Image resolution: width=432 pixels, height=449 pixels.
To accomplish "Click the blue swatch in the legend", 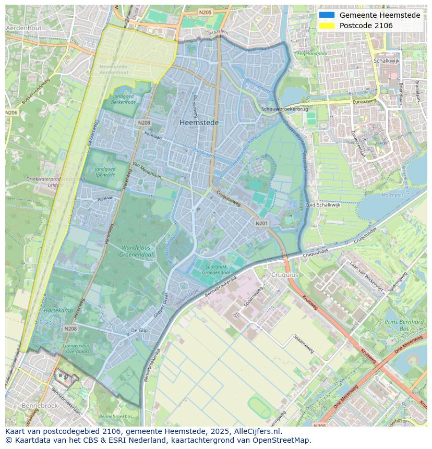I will point(326,15).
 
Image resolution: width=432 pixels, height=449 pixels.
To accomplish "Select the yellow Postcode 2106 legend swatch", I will point(326,26).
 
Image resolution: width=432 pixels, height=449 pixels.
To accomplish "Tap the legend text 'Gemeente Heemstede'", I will point(379,15).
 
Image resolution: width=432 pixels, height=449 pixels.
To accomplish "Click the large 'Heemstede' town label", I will point(199,123).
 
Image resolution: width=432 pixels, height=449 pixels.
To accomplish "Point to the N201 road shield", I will point(261,223).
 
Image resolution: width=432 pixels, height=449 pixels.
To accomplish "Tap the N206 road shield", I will point(11,113).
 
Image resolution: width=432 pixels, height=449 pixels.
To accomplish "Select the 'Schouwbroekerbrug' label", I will point(285,109).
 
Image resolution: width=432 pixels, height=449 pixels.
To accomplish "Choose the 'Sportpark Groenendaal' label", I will point(217,270).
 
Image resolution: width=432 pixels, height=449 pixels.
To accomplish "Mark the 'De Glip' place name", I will point(139,331).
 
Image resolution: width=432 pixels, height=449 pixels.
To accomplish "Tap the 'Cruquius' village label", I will point(284,274).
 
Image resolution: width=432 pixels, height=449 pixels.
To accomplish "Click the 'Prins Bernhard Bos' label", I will point(404,325).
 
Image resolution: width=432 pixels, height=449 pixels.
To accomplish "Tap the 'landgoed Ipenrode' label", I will point(105,172).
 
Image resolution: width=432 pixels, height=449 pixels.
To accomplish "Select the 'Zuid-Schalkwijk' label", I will point(322,205).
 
